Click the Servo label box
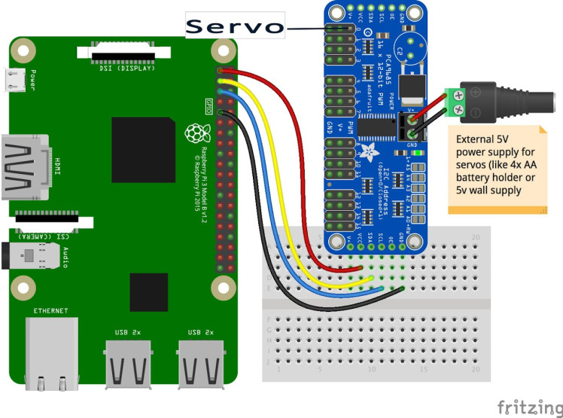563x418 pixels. (235, 26)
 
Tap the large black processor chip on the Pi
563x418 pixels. (140, 148)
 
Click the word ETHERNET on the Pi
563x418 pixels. (50, 310)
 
